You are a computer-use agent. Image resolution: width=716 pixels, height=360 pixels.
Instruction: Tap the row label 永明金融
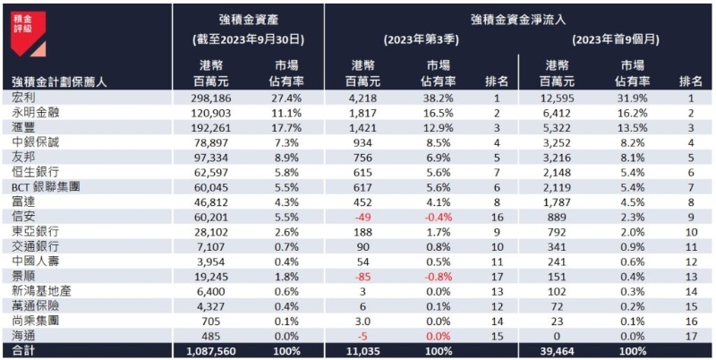[35, 114]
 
